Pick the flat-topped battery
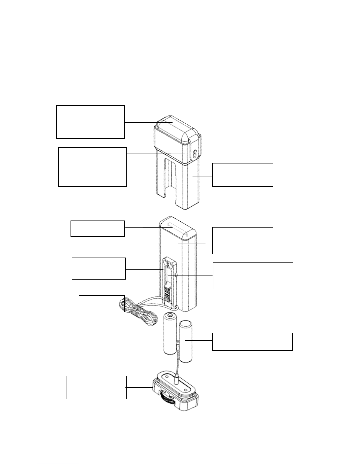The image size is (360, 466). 186,341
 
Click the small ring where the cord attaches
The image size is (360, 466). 176,307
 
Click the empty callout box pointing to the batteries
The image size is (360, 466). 252,342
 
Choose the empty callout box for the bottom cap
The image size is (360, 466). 96,387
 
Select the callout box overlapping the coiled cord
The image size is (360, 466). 102,303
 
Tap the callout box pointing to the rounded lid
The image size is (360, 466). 90,122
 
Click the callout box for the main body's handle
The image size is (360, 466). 98,228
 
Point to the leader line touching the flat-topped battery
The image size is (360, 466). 199,340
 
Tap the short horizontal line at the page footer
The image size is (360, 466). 58,464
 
